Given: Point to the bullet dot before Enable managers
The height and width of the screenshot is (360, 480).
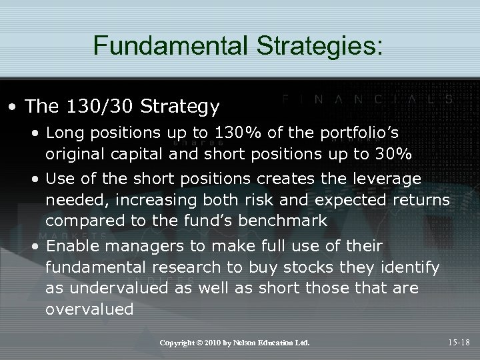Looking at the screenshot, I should [38, 247].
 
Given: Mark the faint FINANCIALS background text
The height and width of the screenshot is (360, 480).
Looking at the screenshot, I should [367, 98].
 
